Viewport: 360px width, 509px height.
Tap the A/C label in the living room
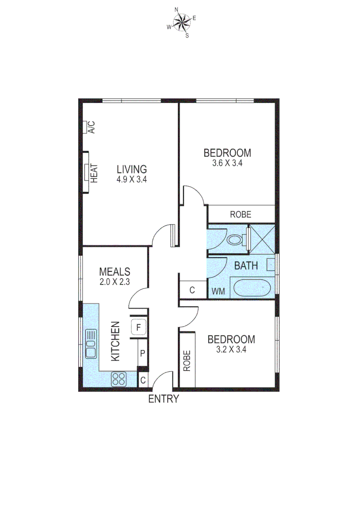coord(92,127)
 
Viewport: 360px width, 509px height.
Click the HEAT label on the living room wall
coord(94,172)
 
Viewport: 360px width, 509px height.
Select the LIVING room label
coord(132,169)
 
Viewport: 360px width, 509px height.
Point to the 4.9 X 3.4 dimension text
coord(132,179)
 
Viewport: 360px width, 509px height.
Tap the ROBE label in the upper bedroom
coord(241,214)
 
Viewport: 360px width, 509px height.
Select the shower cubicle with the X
coord(262,239)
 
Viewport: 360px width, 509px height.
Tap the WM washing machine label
coord(218,291)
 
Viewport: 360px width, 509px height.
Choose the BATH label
coord(246,266)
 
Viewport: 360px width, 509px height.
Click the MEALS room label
coord(115,272)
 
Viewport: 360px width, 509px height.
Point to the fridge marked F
coord(139,327)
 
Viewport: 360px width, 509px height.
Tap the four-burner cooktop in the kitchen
coord(119,378)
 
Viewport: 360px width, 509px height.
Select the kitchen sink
coord(90,344)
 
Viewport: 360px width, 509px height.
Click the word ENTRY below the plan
coord(164,399)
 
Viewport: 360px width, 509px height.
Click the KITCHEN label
coord(115,341)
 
